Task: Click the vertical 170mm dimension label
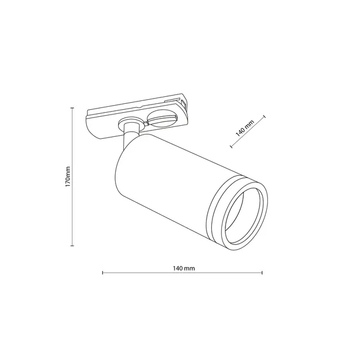[68, 176]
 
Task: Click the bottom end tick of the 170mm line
[73, 246]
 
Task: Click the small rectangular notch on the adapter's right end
[184, 103]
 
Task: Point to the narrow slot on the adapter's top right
[170, 104]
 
